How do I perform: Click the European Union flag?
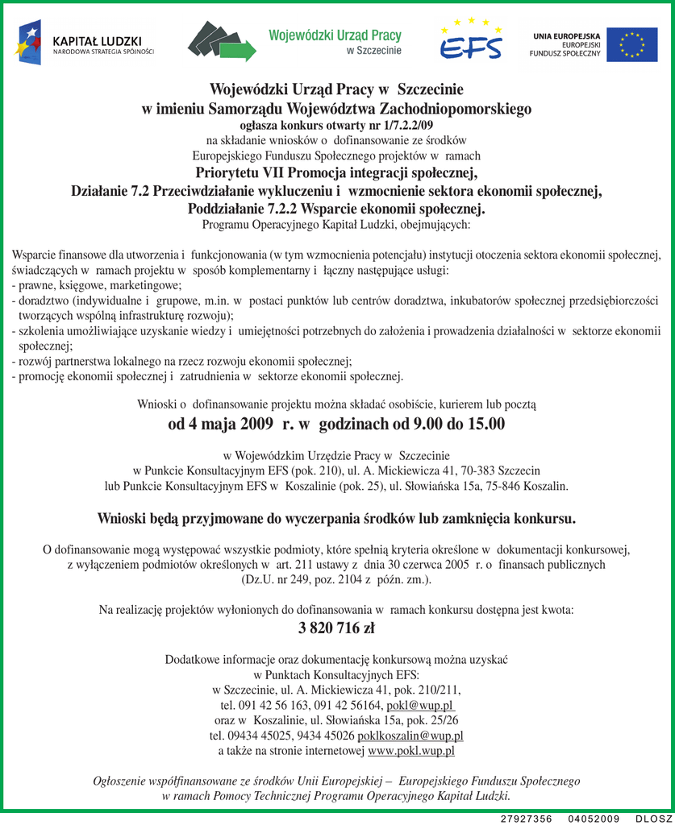pos(631,44)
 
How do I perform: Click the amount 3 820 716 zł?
pos(336,628)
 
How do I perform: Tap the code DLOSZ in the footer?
pos(653,819)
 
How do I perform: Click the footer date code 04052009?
pos(594,819)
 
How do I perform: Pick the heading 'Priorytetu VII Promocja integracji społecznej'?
pos(336,172)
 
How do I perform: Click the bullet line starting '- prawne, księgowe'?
pos(97,285)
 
